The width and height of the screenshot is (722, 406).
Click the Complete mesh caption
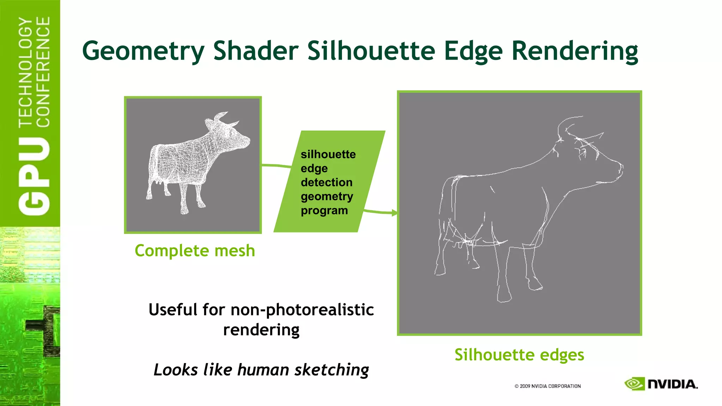[195, 251]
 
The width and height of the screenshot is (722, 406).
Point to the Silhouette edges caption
[519, 355]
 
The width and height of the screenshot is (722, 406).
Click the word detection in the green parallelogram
[326, 182]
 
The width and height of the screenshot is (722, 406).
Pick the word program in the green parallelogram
[324, 210]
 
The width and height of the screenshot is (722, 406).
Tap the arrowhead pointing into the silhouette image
[394, 213]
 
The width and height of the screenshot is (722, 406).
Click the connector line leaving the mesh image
[277, 165]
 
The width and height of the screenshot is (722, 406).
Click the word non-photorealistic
[302, 310]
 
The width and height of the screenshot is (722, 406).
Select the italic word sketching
[331, 370]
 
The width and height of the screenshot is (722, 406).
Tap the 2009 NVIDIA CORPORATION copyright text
[547, 386]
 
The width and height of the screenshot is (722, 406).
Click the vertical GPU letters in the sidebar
[34, 176]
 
